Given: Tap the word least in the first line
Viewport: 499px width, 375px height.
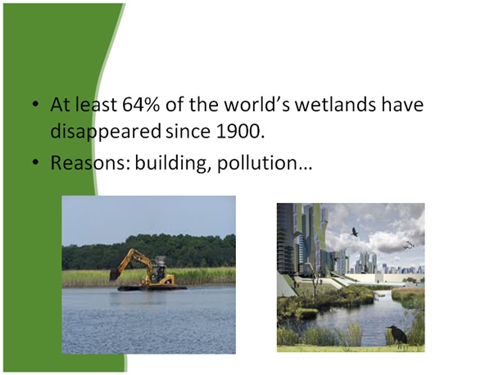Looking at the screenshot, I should click(91, 106).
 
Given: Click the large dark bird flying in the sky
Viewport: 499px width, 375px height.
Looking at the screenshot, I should click(353, 233).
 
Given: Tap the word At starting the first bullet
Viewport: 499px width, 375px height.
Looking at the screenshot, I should click(60, 106).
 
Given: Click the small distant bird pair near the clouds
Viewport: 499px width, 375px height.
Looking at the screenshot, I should click(408, 244).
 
